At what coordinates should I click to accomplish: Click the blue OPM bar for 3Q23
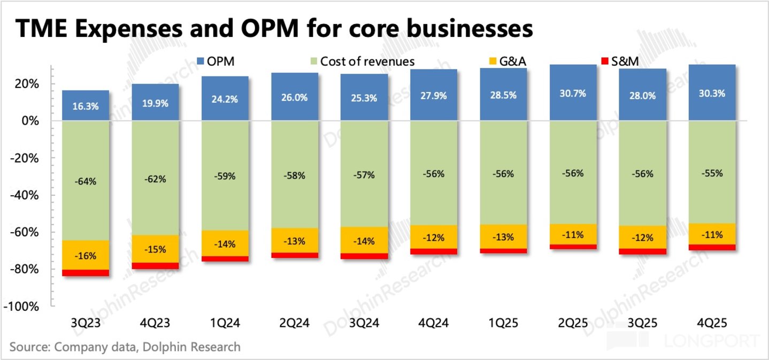(x=86, y=105)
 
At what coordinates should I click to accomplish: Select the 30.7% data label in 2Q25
(x=573, y=94)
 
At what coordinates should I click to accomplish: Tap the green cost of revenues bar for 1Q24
(x=225, y=175)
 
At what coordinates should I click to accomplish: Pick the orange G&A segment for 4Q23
(x=155, y=249)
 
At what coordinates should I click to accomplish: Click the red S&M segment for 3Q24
(x=364, y=256)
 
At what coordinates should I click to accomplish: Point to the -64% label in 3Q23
(x=86, y=181)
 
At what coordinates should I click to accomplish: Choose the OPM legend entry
(x=216, y=61)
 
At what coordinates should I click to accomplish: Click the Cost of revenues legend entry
(x=363, y=61)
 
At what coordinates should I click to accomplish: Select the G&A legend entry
(x=507, y=61)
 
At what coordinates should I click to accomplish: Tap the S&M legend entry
(x=620, y=61)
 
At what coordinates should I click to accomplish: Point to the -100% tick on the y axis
(x=21, y=306)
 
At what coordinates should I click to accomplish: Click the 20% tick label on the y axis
(x=26, y=84)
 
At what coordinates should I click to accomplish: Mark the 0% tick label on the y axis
(x=30, y=121)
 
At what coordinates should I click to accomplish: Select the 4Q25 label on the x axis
(x=712, y=323)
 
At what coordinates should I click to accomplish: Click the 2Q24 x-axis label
(x=294, y=323)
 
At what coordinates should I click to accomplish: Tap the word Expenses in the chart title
(x=129, y=29)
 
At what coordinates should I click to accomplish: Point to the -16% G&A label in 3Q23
(x=86, y=256)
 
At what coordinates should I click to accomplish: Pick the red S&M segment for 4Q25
(x=712, y=247)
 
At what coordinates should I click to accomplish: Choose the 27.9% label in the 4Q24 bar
(x=434, y=96)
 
